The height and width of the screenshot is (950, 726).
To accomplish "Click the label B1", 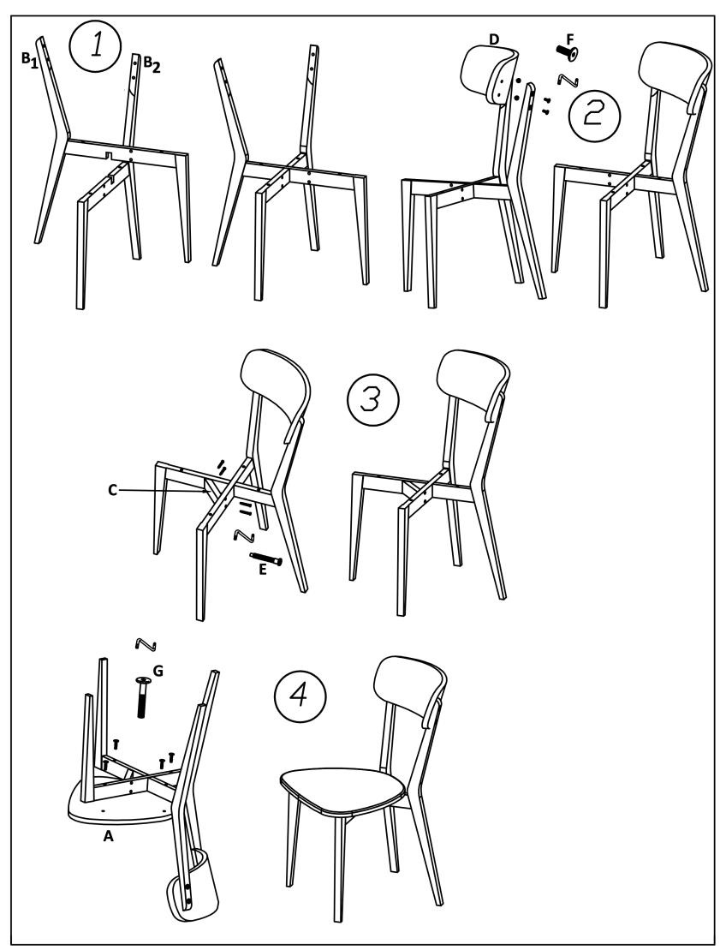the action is [30, 60].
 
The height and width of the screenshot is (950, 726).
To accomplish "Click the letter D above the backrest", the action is [493, 40].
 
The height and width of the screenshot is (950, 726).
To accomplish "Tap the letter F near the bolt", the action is [569, 39].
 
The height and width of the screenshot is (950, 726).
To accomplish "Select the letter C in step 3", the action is [113, 490].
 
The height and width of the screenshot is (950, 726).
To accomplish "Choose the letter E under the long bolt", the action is [262, 571].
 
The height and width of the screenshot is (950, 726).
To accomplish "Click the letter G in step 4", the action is [158, 671].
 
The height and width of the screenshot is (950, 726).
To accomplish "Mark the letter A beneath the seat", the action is [109, 837].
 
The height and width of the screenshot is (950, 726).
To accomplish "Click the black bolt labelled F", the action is [567, 55].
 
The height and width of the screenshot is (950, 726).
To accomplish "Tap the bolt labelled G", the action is [143, 697].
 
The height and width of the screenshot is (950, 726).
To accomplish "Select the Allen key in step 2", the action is [569, 79].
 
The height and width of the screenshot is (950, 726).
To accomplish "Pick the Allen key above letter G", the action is [146, 645].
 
